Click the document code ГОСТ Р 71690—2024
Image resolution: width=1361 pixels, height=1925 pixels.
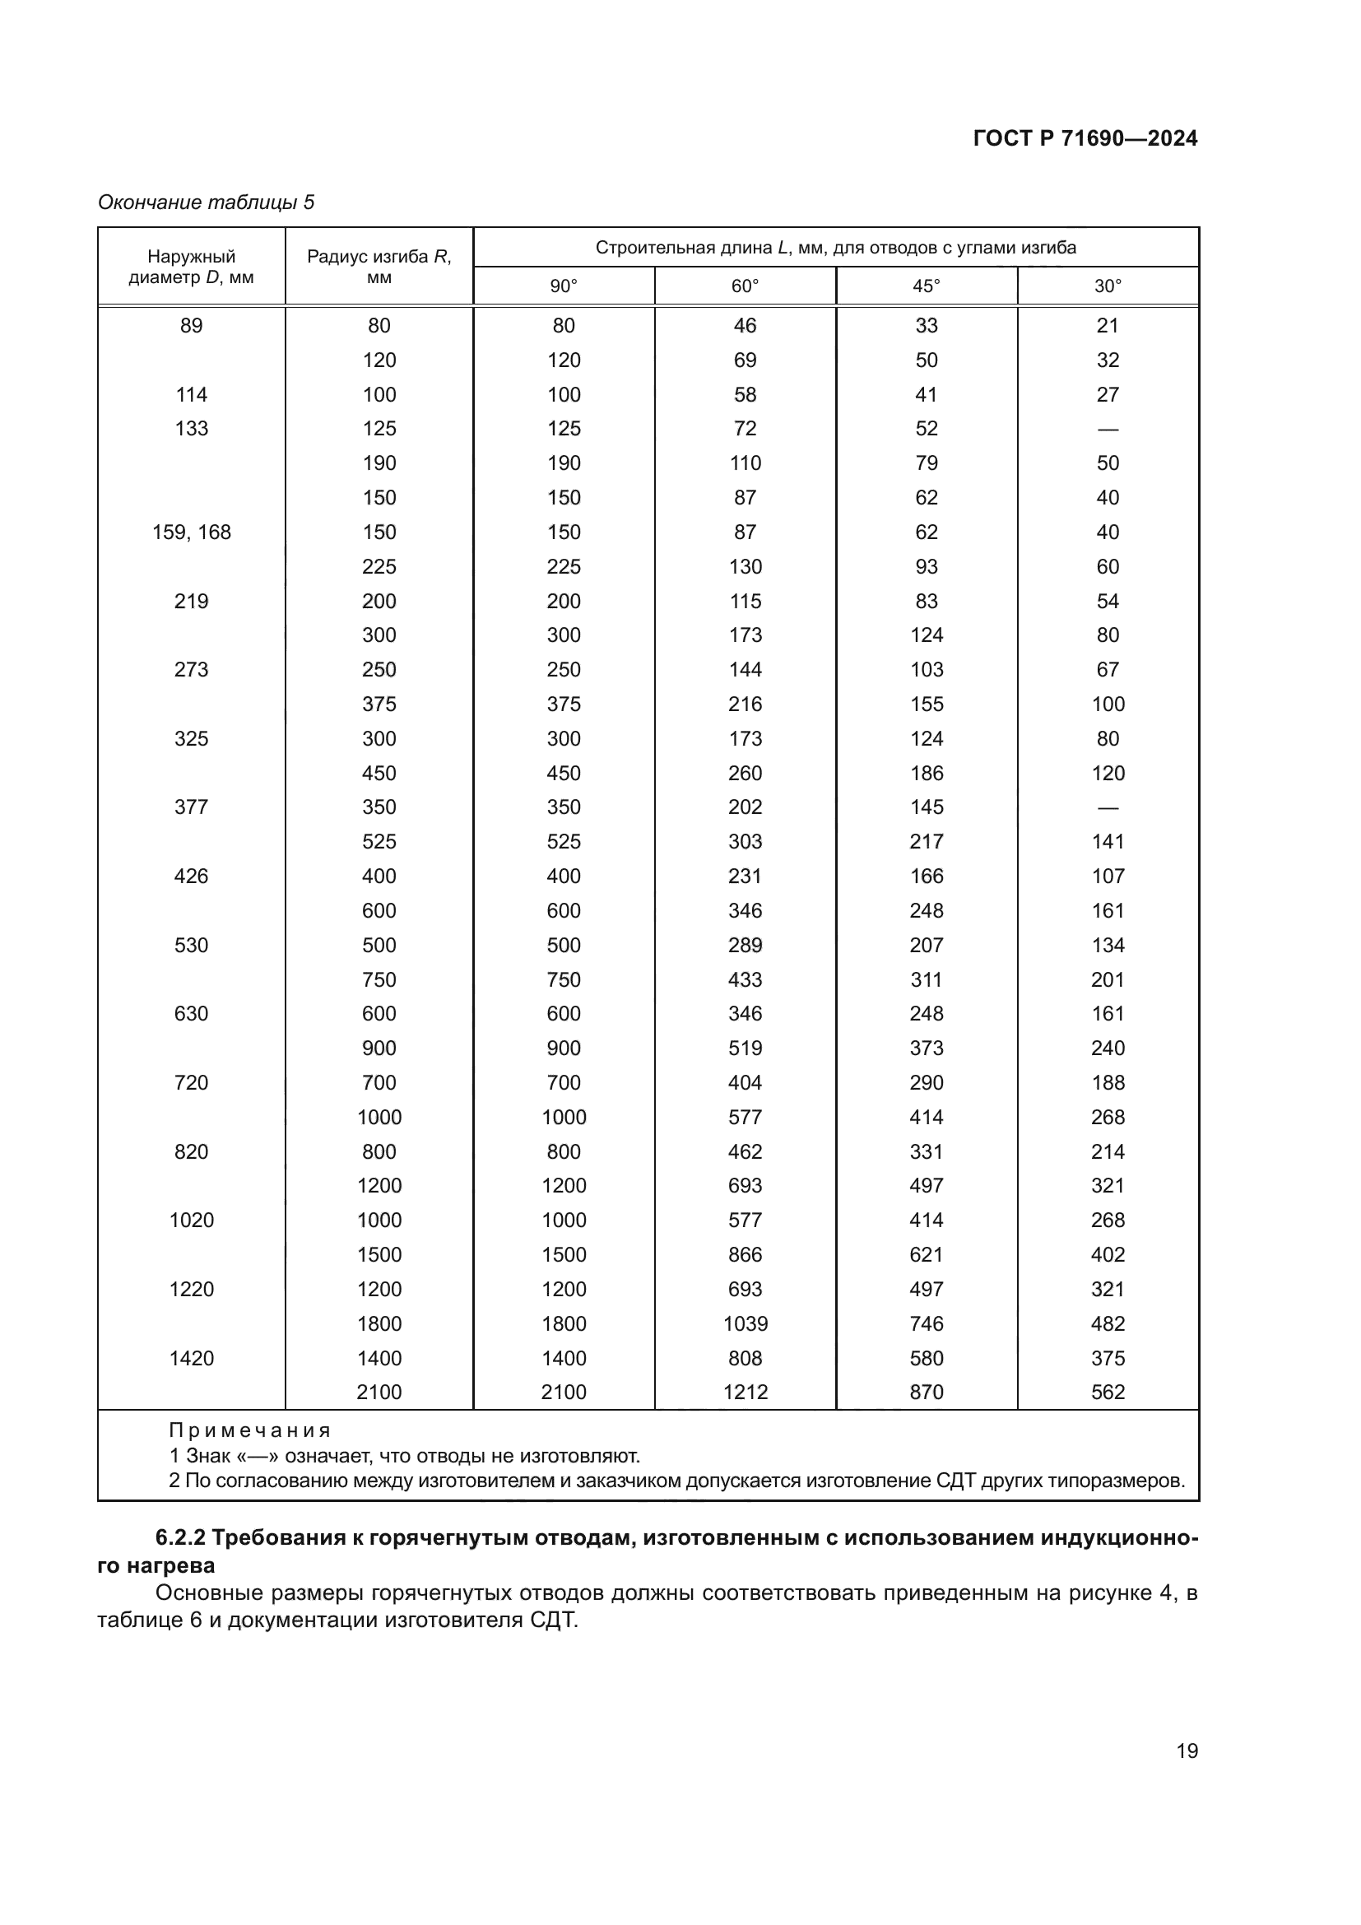coord(1085,138)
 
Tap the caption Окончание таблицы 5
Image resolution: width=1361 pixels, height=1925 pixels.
coord(207,202)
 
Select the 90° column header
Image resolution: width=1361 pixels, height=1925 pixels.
coord(563,286)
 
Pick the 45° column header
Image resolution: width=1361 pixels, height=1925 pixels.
coord(926,286)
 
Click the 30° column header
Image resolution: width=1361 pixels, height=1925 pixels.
coord(1107,286)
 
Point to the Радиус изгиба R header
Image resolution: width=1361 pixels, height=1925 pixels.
coord(379,267)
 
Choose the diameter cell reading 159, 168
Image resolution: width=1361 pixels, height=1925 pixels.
coord(191,532)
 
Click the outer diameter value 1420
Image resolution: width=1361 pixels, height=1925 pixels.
coord(191,1358)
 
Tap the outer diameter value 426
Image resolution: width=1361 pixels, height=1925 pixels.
coord(191,876)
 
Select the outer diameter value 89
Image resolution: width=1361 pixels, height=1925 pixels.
coord(191,325)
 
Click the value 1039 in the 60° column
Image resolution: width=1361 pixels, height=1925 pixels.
coord(745,1324)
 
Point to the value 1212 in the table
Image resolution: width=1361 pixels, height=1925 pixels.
coord(745,1393)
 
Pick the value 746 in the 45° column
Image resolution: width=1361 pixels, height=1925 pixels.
coord(926,1324)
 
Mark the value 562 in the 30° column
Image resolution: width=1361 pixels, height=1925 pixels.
coord(1107,1393)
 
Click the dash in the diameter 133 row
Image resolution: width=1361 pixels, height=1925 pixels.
coord(1107,430)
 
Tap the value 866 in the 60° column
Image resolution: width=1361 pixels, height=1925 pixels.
coord(745,1255)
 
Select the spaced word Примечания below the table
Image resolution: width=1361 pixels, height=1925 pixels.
coord(250,1430)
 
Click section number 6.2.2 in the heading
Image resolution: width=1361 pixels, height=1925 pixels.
coord(180,1537)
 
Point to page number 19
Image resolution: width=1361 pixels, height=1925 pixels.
coord(1187,1751)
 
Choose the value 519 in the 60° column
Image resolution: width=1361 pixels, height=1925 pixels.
coord(745,1048)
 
